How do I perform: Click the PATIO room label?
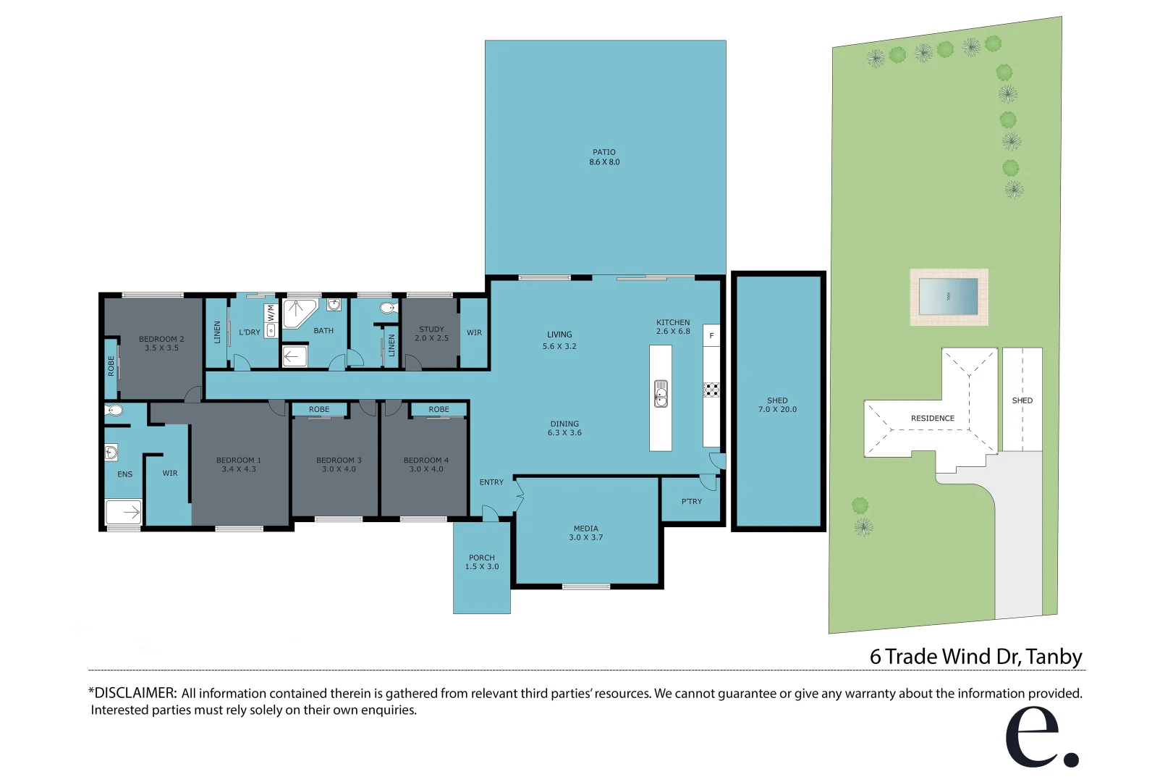[604, 153]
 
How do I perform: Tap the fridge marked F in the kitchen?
[711, 335]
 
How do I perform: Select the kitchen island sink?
[661, 393]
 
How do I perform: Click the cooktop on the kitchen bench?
[711, 390]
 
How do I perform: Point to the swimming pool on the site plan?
[949, 297]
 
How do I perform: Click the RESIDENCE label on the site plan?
[932, 419]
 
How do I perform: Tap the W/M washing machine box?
[271, 314]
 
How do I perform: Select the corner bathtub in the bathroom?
[297, 313]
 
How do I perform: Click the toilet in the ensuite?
[114, 411]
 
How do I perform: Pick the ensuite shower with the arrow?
[124, 512]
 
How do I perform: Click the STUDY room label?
[431, 329]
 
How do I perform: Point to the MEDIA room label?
[586, 529]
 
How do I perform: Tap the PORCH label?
[482, 558]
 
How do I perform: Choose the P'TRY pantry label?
[692, 501]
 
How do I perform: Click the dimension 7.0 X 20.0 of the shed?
[777, 410]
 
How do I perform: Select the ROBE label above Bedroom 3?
[319, 410]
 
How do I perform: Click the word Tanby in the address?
[1054, 657]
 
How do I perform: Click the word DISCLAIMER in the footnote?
[135, 693]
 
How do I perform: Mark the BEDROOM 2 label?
[161, 339]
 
